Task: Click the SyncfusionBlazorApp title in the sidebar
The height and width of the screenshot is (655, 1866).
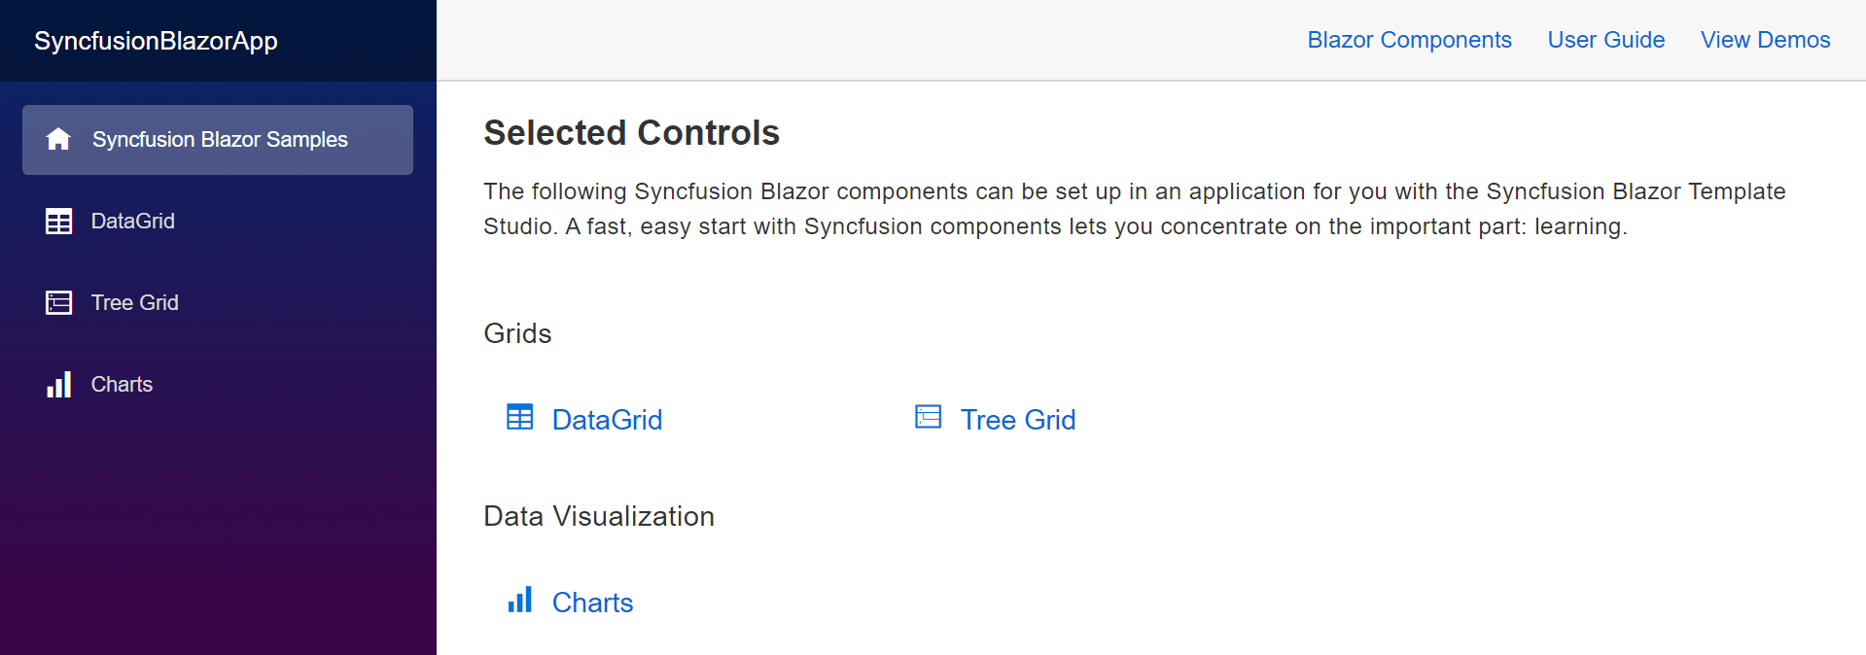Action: pyautogui.click(x=156, y=41)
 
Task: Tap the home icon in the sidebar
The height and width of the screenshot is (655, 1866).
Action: pyautogui.click(x=58, y=139)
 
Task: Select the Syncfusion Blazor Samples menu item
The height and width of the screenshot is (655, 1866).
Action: pyautogui.click(x=220, y=140)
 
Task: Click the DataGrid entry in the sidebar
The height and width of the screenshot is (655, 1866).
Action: pyautogui.click(x=133, y=222)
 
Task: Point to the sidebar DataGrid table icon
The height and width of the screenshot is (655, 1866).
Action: pyautogui.click(x=58, y=222)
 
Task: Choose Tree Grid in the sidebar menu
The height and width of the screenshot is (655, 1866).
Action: pyautogui.click(x=135, y=303)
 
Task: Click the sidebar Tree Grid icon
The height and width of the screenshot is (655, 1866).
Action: pyautogui.click(x=58, y=303)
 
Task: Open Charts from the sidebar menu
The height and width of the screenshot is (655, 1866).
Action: pyautogui.click(x=122, y=385)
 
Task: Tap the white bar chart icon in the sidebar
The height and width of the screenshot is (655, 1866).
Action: pyautogui.click(x=58, y=385)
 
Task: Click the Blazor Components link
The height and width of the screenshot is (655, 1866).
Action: pyautogui.click(x=1409, y=40)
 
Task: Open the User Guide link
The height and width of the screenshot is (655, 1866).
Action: pyautogui.click(x=1605, y=40)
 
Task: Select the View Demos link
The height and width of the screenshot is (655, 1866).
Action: pyautogui.click(x=1765, y=40)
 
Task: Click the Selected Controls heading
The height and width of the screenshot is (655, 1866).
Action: pyautogui.click(x=631, y=133)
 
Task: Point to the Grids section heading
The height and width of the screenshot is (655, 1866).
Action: pyautogui.click(x=517, y=334)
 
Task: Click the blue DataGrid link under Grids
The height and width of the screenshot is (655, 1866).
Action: pyautogui.click(x=607, y=420)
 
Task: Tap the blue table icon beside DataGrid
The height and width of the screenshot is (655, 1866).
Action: pyautogui.click(x=520, y=418)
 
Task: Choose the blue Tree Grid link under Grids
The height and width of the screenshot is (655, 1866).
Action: pyautogui.click(x=1017, y=420)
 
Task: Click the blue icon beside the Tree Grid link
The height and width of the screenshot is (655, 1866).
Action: pyautogui.click(x=929, y=418)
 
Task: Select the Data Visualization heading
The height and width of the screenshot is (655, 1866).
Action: pyautogui.click(x=598, y=516)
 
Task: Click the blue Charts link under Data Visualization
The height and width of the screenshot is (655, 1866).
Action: pyautogui.click(x=592, y=603)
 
